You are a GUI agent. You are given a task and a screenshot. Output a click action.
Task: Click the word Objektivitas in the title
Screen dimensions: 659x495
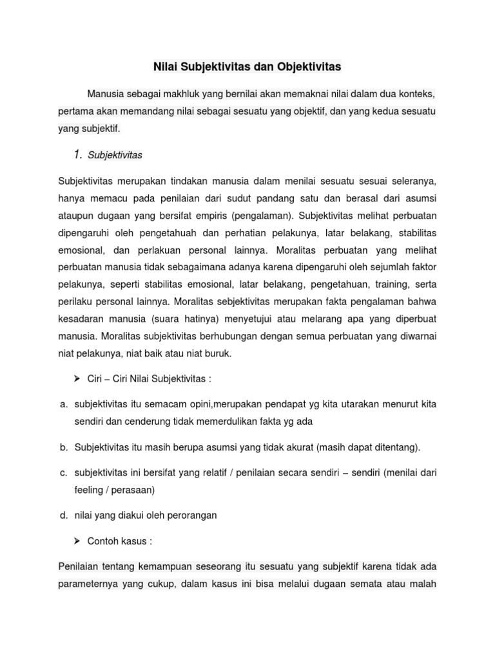pyautogui.click(x=310, y=66)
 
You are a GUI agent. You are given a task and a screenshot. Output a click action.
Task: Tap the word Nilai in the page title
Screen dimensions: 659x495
pyautogui.click(x=166, y=66)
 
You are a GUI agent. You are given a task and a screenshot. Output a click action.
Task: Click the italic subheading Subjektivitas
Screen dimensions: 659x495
pyautogui.click(x=115, y=155)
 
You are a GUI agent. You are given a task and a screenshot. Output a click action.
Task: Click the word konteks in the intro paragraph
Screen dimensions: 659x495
pyautogui.click(x=418, y=94)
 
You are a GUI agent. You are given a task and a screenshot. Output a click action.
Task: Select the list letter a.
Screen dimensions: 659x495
pyautogui.click(x=63, y=404)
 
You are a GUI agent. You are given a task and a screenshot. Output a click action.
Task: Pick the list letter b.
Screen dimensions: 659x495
pyautogui.click(x=63, y=447)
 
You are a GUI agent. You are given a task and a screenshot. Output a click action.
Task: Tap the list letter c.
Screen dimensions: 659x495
pyautogui.click(x=63, y=473)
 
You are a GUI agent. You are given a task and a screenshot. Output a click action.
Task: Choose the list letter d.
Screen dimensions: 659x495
pyautogui.click(x=63, y=515)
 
